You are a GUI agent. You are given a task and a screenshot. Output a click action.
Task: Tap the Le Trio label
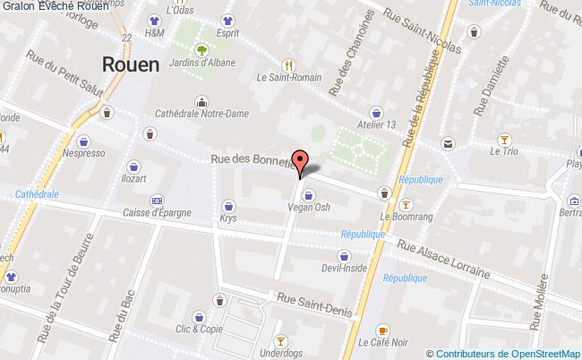504,151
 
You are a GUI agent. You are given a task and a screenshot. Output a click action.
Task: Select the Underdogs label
281,354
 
